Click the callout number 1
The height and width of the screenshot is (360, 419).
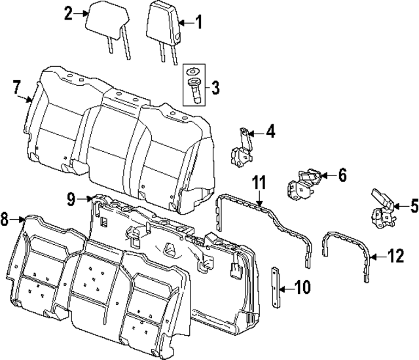pyautogui.click(x=199, y=24)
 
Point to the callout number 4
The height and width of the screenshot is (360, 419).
pyautogui.click(x=270, y=133)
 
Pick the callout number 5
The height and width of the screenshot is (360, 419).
pyautogui.click(x=413, y=207)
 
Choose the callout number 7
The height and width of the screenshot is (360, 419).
pyautogui.click(x=17, y=86)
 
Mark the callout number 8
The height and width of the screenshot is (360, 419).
pyautogui.click(x=5, y=221)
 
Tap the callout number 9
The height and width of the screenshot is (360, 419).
pyautogui.click(x=71, y=198)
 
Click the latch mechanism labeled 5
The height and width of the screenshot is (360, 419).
pyautogui.click(x=382, y=209)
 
